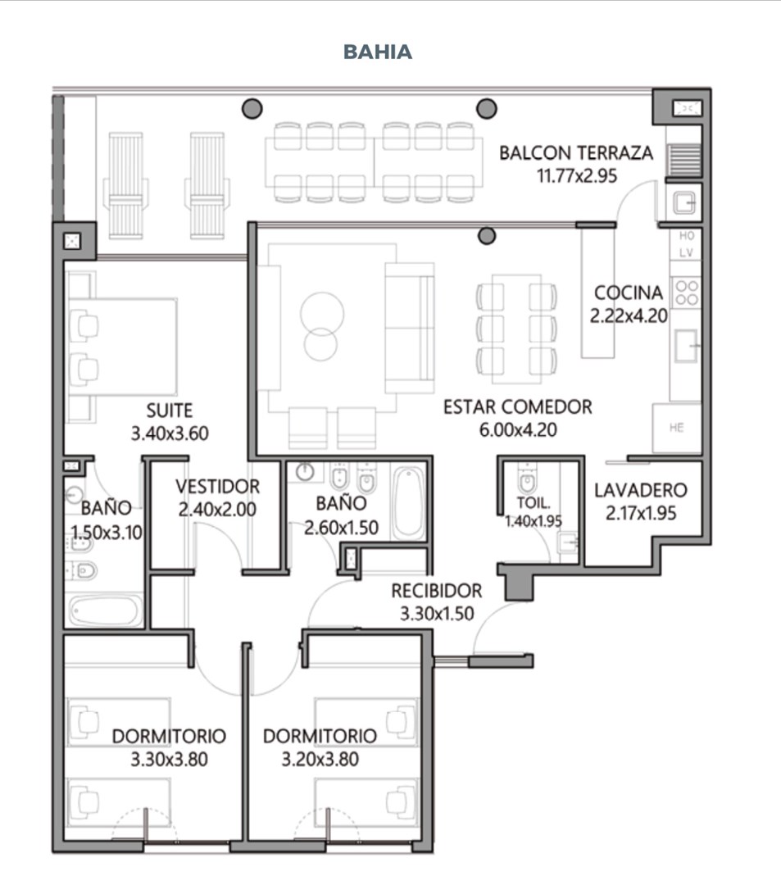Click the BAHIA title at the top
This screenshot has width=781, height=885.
coord(378,52)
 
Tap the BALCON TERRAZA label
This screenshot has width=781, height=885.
coord(576,153)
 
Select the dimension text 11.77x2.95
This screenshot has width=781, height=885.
coord(577,175)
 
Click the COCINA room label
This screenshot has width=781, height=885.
coord(628,293)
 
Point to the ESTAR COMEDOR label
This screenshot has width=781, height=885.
coord(517,407)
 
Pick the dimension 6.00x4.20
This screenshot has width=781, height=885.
coord(518,430)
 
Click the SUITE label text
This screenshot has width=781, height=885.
coord(170,411)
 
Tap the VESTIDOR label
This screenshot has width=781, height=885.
coord(217,487)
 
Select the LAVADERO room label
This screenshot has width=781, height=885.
coord(641,490)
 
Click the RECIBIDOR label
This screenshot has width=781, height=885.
coord(437,591)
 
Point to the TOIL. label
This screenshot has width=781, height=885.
coord(534,502)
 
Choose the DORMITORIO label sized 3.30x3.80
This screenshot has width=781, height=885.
coord(169,736)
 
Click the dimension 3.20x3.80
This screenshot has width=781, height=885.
coord(320,759)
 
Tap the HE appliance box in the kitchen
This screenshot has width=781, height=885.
coord(677,428)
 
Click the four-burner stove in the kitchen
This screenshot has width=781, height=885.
coord(686,293)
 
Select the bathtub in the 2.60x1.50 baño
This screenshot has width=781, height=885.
coord(409,502)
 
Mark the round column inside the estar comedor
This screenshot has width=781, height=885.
coord(487,235)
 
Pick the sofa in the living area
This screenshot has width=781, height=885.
coord(410,327)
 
